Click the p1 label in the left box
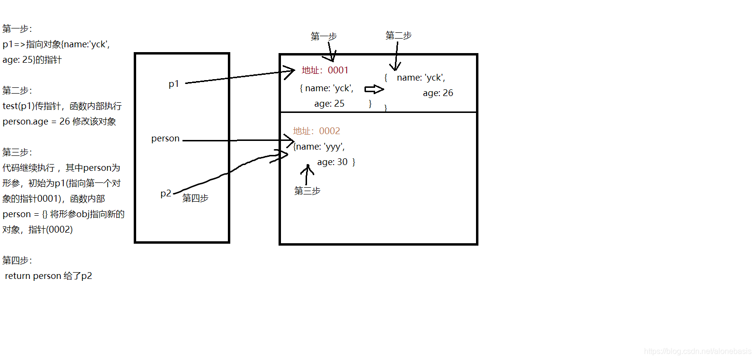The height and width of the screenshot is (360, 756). [x=174, y=84]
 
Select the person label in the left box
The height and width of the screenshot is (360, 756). [x=165, y=138]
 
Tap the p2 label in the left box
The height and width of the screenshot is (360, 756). [x=166, y=194]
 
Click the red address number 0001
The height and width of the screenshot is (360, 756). [x=338, y=70]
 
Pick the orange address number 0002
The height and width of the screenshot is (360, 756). [x=330, y=131]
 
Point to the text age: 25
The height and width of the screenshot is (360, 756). [x=329, y=104]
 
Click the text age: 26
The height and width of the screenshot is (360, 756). [x=438, y=93]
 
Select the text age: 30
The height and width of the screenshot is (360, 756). [x=332, y=162]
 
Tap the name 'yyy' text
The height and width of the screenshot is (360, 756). [x=321, y=147]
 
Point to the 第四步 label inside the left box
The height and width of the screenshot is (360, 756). [x=195, y=198]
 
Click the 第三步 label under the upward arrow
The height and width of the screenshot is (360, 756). [x=308, y=191]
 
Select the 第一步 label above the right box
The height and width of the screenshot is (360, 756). [x=323, y=37]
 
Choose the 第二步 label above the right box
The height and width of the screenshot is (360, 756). [x=399, y=36]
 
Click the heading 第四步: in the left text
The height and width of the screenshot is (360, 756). [x=17, y=261]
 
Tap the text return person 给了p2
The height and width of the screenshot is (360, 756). [x=48, y=276]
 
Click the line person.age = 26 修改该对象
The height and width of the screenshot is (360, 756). [x=59, y=122]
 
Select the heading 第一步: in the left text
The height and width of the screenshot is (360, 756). [x=17, y=29]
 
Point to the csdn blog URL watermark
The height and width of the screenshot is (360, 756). [x=698, y=352]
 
